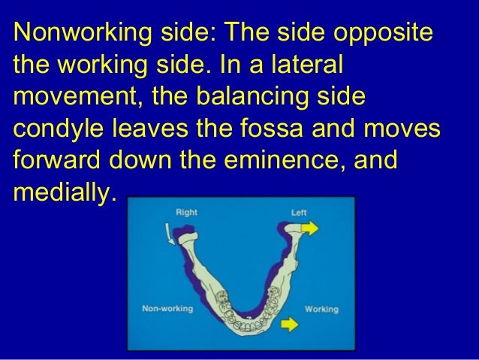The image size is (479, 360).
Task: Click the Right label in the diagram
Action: tap(186, 213)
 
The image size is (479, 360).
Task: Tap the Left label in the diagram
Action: tap(299, 213)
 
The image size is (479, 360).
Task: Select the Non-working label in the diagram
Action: tap(167, 309)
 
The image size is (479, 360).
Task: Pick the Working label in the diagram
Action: tap(321, 309)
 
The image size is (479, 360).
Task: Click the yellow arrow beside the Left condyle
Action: tap(310, 226)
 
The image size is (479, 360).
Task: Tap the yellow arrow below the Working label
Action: tap(285, 325)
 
